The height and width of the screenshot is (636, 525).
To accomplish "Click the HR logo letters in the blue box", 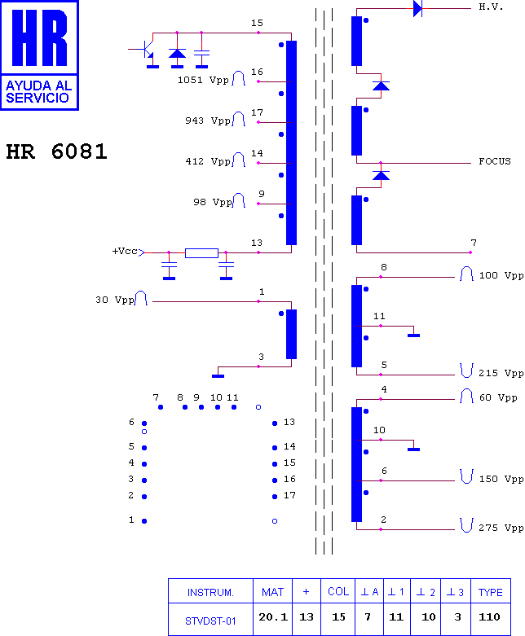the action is coord(39,37).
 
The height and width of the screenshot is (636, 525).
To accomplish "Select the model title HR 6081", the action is coord(56,151).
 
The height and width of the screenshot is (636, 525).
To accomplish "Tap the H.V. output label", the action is coord(491,7).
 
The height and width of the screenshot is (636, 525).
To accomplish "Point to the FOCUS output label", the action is coord(495,161).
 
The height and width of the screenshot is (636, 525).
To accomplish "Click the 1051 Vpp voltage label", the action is coord(203,80).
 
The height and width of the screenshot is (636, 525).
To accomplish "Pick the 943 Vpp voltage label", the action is coord(208,121).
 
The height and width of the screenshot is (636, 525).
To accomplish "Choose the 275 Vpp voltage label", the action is coord(501,528).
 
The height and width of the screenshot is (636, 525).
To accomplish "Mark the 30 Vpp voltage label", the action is coord(115,300).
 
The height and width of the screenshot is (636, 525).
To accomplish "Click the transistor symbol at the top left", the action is coord(145,50).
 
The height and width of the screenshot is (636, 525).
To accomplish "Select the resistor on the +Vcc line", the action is coord(201,253).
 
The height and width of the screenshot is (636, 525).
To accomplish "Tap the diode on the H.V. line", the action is coord(417,8).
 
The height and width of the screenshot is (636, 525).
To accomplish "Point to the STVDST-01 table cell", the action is coord(210,621).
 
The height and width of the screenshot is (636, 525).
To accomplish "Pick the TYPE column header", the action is coord(491,592).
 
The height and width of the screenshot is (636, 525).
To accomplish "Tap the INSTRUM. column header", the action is coord(210,593).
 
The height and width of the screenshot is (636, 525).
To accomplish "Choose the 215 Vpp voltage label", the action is coord(501,373).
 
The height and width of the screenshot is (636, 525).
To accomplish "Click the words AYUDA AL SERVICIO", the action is coord(38,92).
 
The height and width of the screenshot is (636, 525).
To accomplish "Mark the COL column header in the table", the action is coord(338,592).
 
